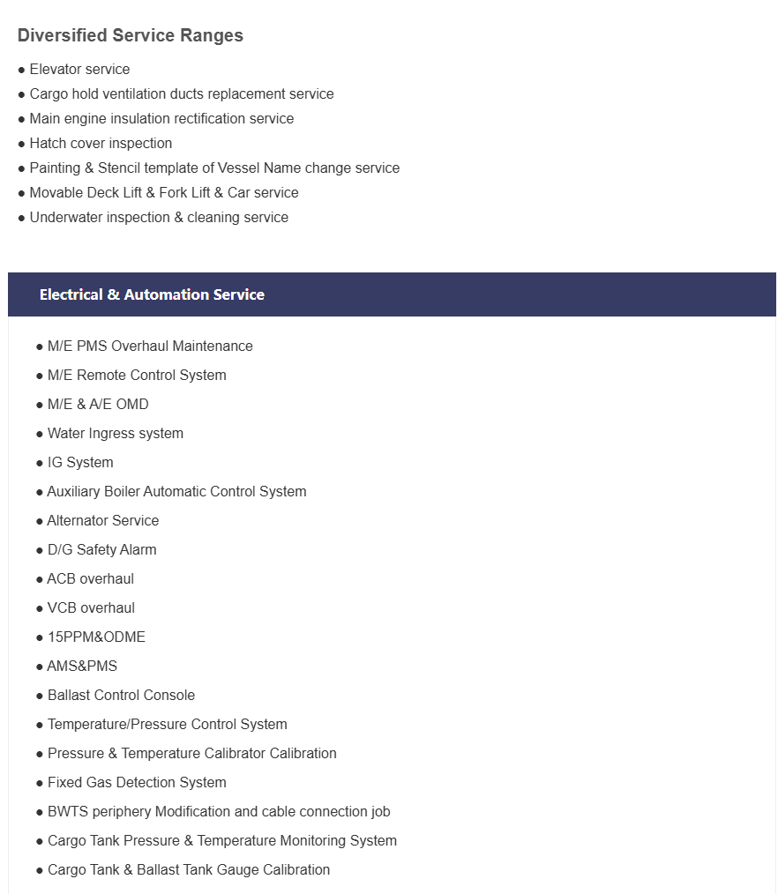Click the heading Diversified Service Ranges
131,36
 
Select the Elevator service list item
79,70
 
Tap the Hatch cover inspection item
101,144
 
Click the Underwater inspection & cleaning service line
159,218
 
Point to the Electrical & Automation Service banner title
152,295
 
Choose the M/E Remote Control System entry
137,376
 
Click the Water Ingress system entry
116,434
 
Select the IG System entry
80,463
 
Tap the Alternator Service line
103,521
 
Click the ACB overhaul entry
91,579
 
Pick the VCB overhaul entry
91,608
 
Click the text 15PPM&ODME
96,637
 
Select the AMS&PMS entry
82,667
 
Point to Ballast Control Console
121,696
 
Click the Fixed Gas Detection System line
137,783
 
